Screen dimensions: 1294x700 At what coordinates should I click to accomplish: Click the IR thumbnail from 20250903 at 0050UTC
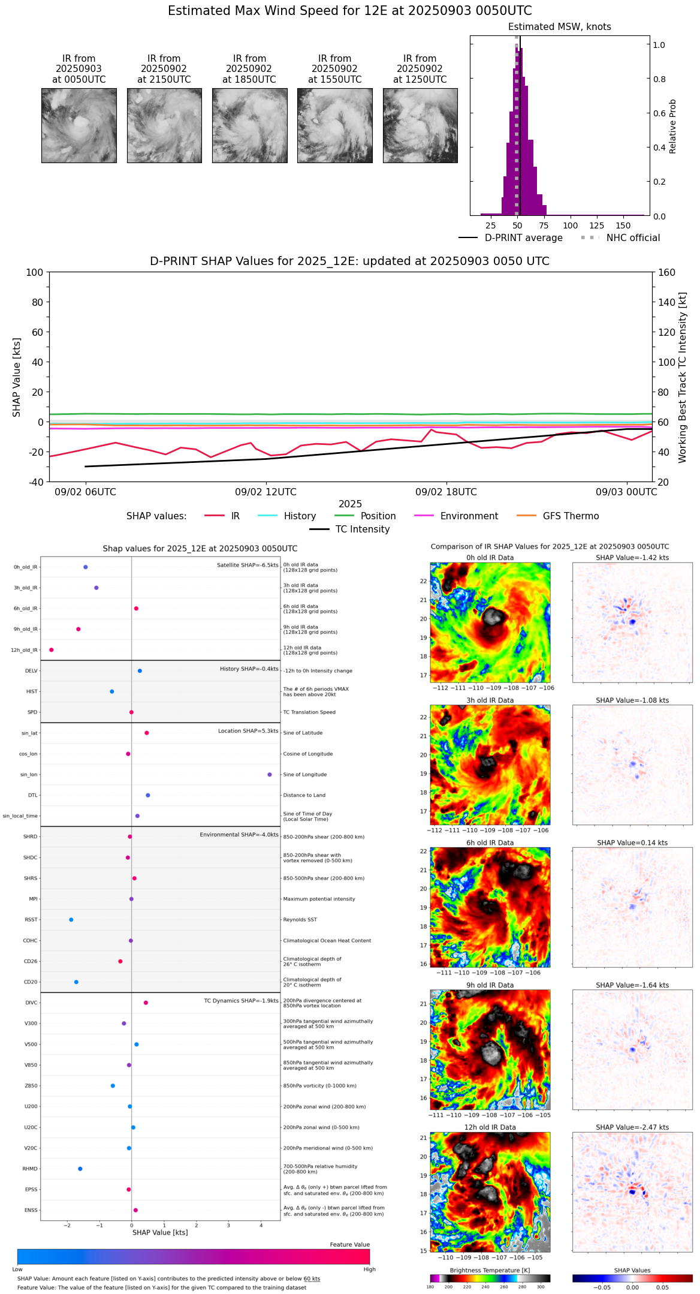[x=79, y=125]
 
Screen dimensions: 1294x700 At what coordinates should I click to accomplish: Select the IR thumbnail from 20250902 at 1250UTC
[x=420, y=125]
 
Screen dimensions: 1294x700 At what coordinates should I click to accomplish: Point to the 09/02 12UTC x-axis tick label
[x=265, y=492]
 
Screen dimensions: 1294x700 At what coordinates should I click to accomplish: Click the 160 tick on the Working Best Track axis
[x=667, y=272]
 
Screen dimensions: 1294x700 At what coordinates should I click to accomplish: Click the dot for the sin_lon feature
[x=270, y=775]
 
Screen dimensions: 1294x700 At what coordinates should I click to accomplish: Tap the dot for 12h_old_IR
[x=52, y=650]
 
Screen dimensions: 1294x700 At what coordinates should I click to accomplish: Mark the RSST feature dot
[x=71, y=920]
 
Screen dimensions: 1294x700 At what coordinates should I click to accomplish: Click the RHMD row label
[x=30, y=1169]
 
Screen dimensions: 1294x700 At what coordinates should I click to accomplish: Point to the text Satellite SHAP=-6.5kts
[x=248, y=565]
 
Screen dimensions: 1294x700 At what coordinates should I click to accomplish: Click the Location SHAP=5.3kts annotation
[x=248, y=731]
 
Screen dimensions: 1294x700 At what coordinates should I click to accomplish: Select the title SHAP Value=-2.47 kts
[x=632, y=1127]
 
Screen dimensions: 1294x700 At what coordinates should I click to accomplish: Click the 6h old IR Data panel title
[x=490, y=842]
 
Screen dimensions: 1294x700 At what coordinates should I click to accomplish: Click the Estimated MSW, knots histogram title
[x=559, y=27]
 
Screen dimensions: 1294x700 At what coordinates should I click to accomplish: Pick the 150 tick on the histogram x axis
[x=623, y=225]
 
